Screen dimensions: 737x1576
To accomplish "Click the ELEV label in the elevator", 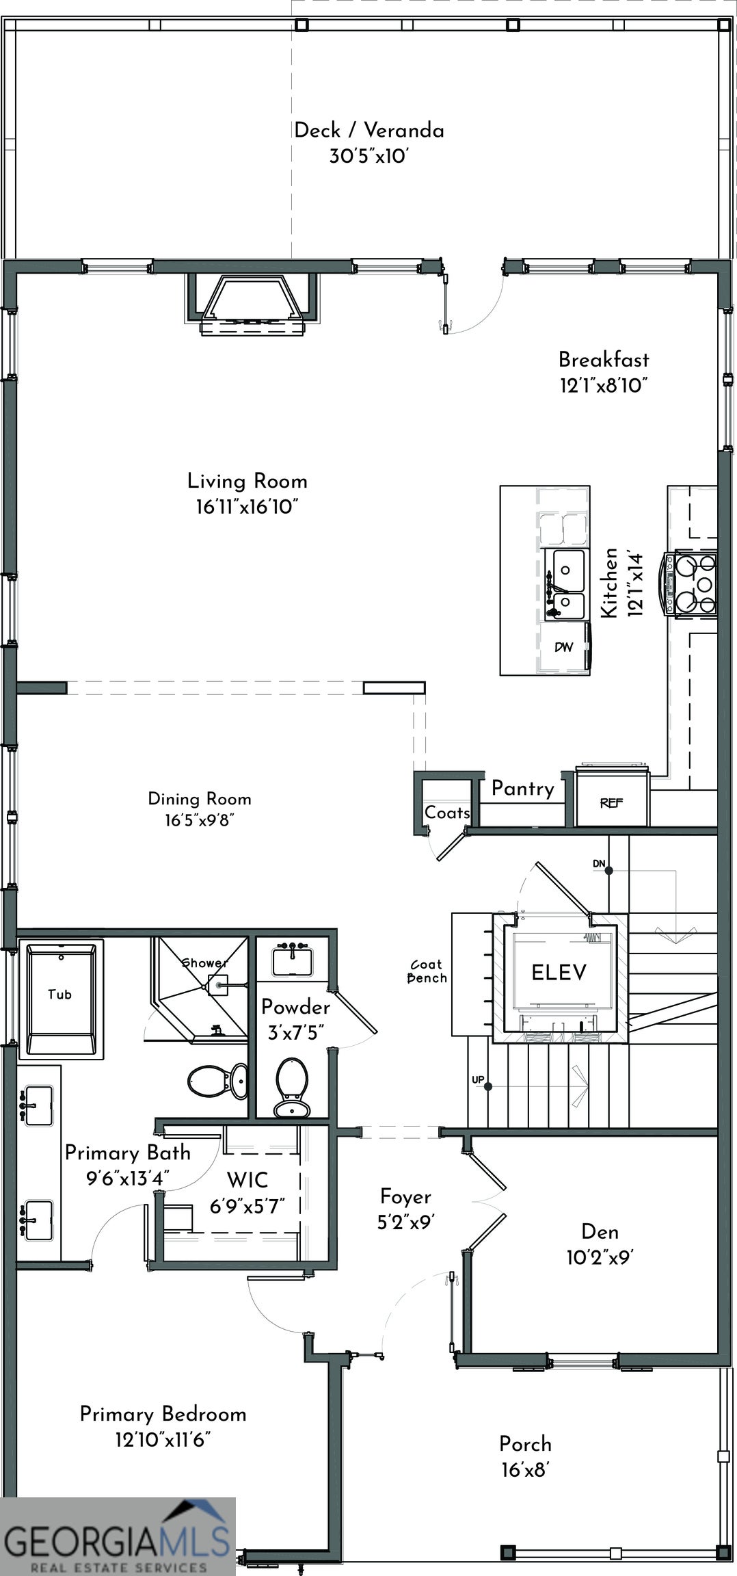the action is click(559, 972).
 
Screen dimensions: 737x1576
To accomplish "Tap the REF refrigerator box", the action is click(611, 796).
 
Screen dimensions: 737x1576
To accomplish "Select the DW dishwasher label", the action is click(564, 646).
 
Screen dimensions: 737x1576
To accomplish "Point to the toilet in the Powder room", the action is click(292, 1088).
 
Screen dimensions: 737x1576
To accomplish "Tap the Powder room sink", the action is click(293, 960).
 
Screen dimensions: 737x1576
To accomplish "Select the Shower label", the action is click(204, 963).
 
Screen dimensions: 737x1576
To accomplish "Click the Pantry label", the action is click(523, 789).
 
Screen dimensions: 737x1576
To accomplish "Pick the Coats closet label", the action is click(447, 813).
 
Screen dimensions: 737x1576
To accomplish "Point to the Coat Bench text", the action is click(427, 971).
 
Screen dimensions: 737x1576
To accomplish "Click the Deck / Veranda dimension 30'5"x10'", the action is click(368, 157).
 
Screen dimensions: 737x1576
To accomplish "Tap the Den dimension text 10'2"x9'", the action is click(600, 1257).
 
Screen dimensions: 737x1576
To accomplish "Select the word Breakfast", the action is click(604, 360).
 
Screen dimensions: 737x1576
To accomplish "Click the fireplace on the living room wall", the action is click(253, 303).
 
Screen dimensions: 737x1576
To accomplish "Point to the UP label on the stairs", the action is click(478, 1080).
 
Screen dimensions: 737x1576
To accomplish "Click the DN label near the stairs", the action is click(599, 864).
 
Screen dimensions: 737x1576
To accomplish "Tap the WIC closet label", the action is click(247, 1180).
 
